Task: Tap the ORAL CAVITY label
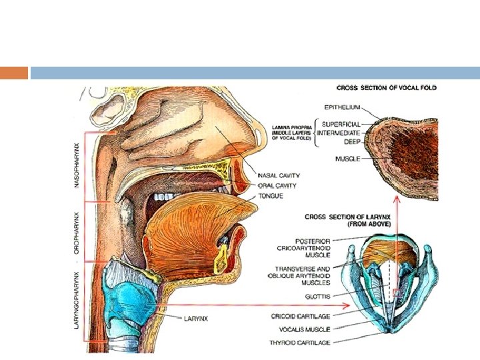point(277,186)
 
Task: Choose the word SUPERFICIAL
point(341,124)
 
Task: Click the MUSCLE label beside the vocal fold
point(347,159)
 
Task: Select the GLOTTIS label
point(317,295)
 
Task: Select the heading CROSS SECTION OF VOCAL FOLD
point(387,88)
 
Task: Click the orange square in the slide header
point(14,73)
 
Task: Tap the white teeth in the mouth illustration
point(161,198)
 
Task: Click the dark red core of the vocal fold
point(407,143)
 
